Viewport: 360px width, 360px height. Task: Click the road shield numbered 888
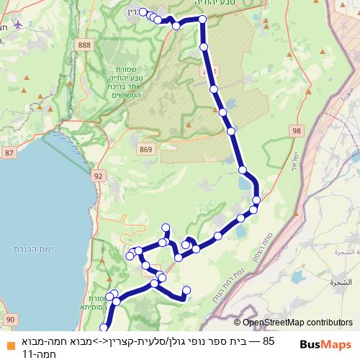[x=86, y=45]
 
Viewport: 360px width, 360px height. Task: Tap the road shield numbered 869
[x=147, y=149]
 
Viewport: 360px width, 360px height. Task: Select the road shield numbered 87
[x=9, y=153]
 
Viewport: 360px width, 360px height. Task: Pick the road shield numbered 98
[x=297, y=130]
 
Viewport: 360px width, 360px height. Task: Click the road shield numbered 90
[x=10, y=318]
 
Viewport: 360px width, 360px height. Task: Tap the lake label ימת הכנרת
[x=29, y=248]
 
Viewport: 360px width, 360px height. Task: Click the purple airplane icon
[x=18, y=22]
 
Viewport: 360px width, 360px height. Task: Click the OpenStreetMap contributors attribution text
[x=297, y=323]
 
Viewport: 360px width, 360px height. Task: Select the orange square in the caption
[x=8, y=341]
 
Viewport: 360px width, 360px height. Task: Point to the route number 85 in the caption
[x=269, y=341]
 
